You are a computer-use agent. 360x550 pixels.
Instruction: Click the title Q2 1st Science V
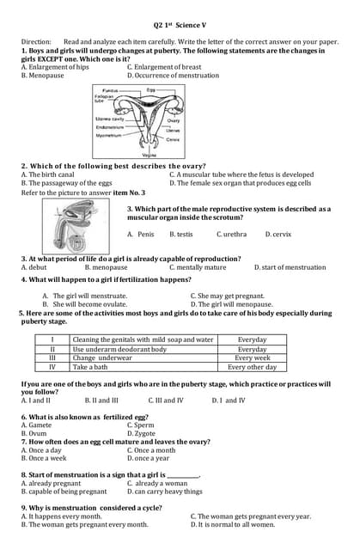point(180,26)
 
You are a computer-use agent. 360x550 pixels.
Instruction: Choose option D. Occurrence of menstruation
point(173,75)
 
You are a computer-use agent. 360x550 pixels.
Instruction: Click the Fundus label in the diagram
point(110,90)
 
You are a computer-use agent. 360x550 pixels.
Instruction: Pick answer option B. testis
point(181,234)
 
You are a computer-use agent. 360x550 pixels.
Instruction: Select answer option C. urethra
point(231,234)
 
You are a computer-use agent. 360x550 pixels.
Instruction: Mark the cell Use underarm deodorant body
point(119,349)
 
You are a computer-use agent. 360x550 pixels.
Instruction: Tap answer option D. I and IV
point(228,400)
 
